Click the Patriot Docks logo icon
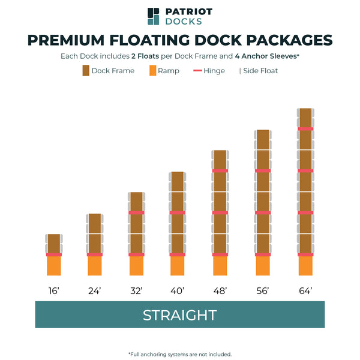pos(154,16)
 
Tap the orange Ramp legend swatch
pos(152,71)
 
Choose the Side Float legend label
pos(260,71)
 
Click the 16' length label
pos(54,291)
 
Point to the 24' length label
pos(95,291)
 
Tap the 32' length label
pos(137,291)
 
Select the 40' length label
pos(177,291)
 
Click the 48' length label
pos(220,291)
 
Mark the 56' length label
pos(263,291)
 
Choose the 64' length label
pos(305,291)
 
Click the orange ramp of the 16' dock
pos(54,266)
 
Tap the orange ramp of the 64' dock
pos(305,266)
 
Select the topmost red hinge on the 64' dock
pos(305,128)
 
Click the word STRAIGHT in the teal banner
pos(179,315)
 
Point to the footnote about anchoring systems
pos(179,354)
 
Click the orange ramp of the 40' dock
pos(177,266)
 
